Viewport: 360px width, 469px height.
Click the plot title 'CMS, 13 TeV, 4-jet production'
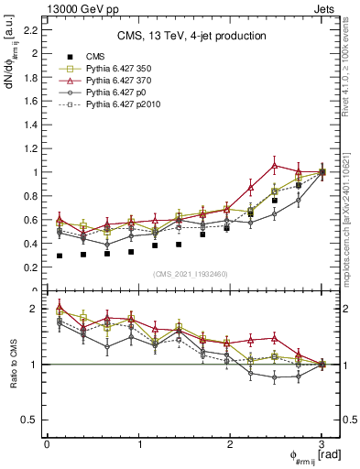click(191, 36)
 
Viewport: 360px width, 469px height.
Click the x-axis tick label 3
click(322, 444)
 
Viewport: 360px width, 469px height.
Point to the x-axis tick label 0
click(47, 444)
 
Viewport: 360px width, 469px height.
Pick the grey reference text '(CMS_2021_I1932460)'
click(191, 274)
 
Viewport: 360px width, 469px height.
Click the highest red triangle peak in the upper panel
click(275, 166)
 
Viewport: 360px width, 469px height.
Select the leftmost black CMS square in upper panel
click(60, 256)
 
